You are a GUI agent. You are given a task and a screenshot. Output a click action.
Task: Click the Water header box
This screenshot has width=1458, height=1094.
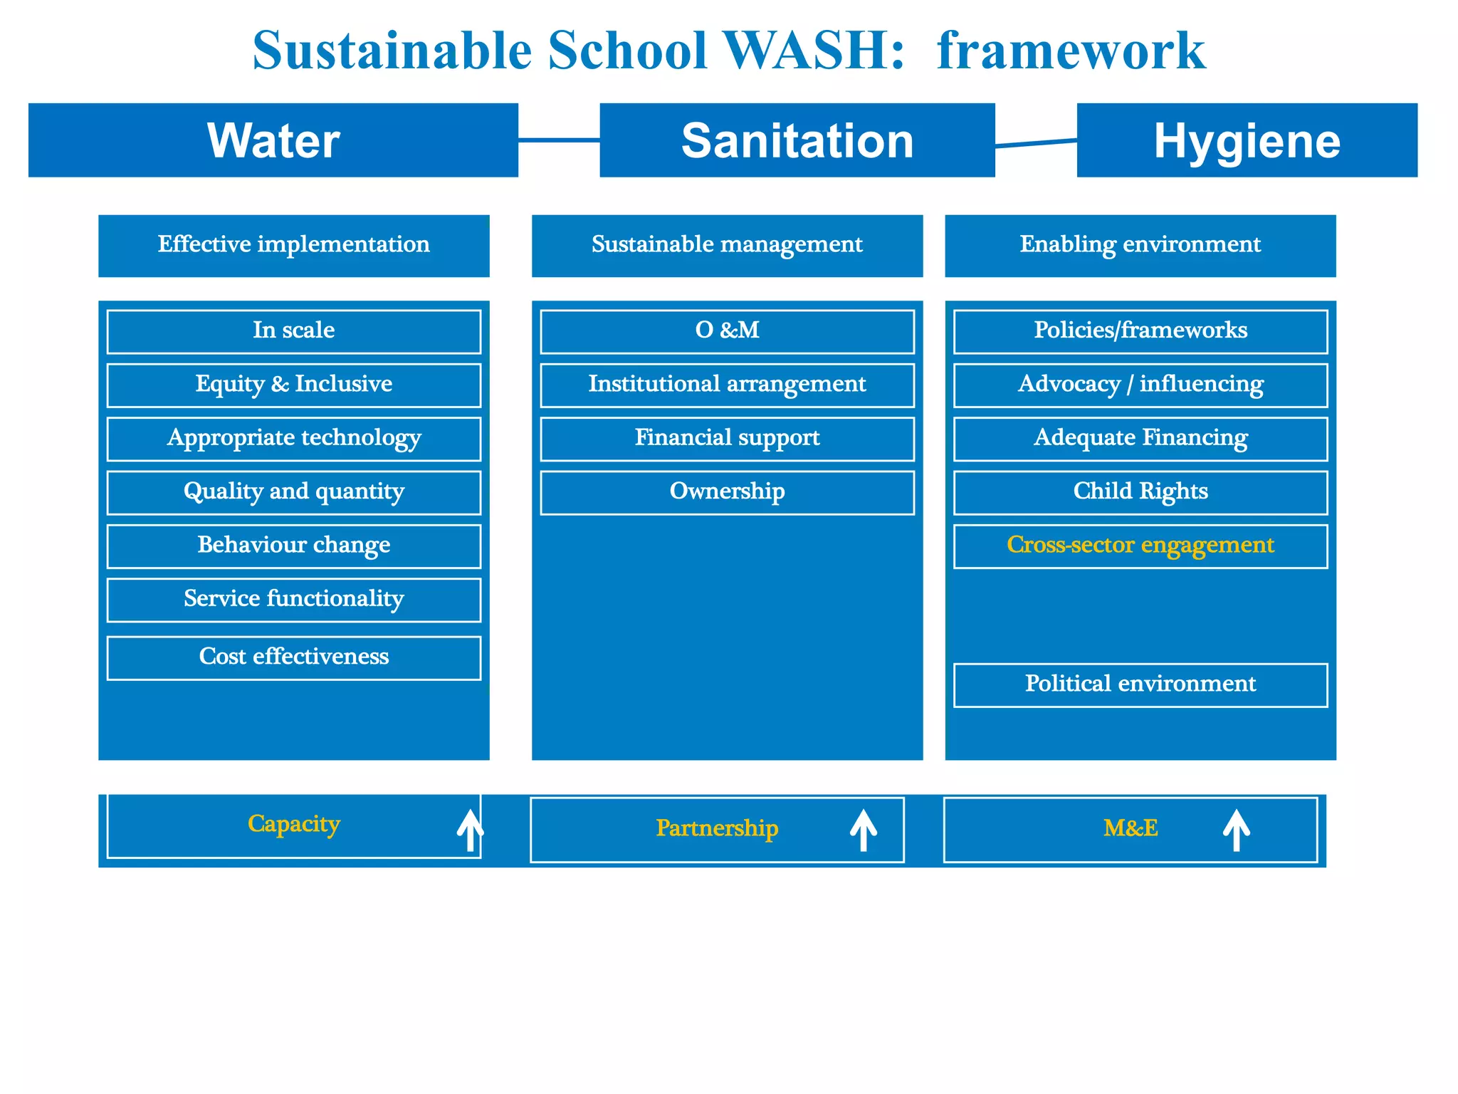point(273,140)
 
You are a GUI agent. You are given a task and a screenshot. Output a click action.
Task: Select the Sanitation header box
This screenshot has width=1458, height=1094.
point(797,140)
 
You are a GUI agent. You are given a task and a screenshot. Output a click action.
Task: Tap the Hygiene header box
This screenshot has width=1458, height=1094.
point(1247,140)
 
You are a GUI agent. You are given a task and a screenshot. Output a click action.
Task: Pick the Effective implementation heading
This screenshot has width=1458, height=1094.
point(293,245)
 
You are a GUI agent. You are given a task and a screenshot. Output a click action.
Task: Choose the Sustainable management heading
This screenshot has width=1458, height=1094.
point(727,245)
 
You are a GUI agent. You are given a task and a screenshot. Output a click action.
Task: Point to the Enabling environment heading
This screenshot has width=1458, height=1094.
point(1140,245)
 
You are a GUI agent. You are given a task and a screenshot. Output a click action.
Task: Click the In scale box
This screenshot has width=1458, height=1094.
point(293,331)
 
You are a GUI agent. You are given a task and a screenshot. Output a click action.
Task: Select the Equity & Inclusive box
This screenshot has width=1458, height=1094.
point(293,385)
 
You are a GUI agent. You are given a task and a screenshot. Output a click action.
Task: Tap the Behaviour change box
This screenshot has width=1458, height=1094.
point(293,546)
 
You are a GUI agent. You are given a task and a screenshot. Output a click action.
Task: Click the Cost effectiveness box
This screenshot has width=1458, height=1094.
point(293,657)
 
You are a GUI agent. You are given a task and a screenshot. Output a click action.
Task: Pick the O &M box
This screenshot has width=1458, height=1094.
point(727,331)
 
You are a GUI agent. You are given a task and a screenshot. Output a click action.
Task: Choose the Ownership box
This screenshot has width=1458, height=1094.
point(727,492)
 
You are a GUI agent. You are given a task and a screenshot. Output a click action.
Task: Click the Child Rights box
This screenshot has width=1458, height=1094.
point(1140,492)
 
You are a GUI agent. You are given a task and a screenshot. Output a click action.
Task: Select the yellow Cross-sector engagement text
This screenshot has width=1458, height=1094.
point(1140,545)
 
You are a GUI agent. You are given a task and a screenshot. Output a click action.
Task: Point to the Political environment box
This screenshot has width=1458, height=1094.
point(1140,684)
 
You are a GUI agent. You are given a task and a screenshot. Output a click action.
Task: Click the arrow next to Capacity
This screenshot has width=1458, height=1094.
point(470,830)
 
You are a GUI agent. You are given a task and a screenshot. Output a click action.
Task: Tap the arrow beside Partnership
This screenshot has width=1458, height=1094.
point(863,830)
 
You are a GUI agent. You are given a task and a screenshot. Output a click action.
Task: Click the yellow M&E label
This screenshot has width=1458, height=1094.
point(1131,828)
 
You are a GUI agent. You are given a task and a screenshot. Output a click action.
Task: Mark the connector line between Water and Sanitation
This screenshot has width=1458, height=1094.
point(559,140)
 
